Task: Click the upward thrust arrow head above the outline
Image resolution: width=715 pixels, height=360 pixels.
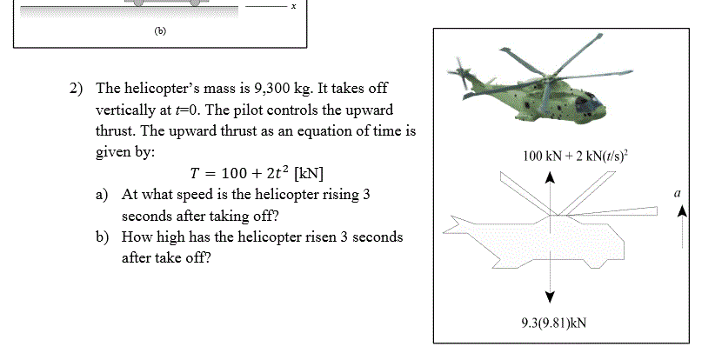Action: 550,177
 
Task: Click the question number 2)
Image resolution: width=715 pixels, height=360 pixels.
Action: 77,89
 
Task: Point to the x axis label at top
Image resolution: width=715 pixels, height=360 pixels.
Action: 294,5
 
